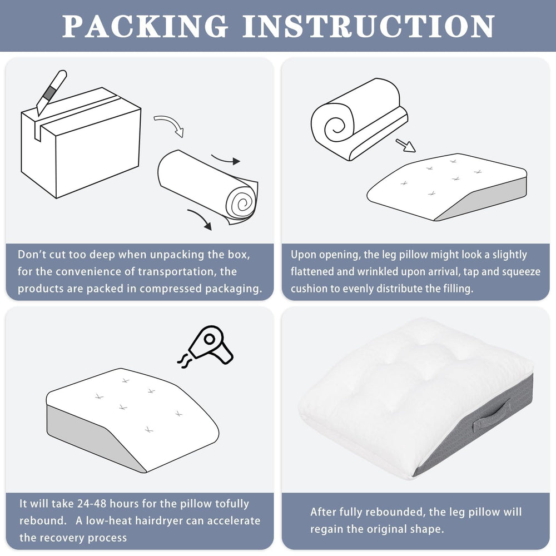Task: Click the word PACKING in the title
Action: click(145, 26)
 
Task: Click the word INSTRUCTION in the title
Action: click(369, 26)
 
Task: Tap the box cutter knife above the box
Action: click(52, 92)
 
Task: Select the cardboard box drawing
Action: click(81, 142)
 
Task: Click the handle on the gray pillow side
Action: click(492, 415)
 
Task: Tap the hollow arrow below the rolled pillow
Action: click(406, 145)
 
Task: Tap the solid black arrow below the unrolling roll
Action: click(201, 219)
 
